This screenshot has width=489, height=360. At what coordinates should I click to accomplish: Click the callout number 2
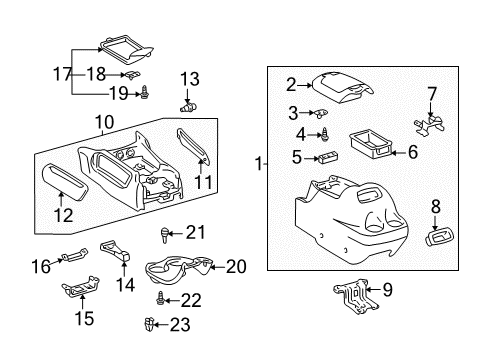[x=291, y=85]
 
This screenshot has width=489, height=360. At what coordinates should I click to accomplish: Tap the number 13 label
[x=189, y=79]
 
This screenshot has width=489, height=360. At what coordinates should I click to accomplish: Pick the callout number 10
[x=105, y=123]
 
